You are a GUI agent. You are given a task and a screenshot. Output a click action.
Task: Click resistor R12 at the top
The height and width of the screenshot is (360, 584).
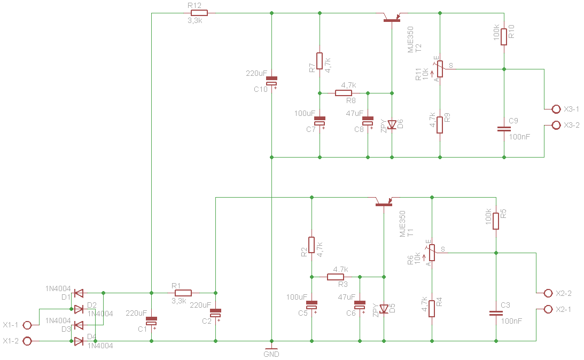click(x=199, y=13)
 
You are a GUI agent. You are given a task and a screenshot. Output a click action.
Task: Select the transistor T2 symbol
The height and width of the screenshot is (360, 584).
click(x=392, y=17)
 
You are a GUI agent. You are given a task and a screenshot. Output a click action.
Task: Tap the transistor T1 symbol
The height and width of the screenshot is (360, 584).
click(x=384, y=201)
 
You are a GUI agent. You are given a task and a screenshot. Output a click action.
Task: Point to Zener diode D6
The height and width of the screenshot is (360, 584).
click(x=392, y=124)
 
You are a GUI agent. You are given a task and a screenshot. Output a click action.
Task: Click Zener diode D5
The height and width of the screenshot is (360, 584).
click(x=384, y=309)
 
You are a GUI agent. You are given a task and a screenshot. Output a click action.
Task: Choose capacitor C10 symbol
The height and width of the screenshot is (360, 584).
click(x=272, y=81)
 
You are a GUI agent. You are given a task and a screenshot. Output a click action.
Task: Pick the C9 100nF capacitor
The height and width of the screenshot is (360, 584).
click(x=504, y=129)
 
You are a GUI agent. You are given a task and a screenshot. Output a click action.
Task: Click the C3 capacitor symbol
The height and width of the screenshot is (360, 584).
click(x=496, y=313)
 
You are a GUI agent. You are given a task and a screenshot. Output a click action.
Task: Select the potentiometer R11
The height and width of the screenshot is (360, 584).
click(x=440, y=69)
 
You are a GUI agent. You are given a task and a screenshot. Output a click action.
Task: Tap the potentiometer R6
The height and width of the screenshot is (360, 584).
click(x=432, y=253)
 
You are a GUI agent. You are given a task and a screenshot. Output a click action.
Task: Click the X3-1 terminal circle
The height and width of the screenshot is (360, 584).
click(x=556, y=109)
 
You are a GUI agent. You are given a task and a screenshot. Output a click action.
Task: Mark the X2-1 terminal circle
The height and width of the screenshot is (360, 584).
click(x=548, y=309)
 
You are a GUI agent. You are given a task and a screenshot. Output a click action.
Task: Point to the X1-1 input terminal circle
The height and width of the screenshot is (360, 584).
click(x=27, y=325)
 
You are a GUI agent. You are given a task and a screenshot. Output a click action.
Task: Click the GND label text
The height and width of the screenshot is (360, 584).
click(x=271, y=355)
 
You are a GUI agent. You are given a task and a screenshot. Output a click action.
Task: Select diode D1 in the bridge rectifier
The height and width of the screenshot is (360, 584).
click(x=79, y=293)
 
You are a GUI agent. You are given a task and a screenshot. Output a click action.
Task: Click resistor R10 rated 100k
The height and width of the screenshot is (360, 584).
click(x=504, y=36)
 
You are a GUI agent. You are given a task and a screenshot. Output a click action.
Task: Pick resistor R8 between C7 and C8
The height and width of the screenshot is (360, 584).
click(x=344, y=93)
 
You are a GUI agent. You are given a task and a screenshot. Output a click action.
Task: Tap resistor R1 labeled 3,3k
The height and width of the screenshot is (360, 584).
click(x=183, y=293)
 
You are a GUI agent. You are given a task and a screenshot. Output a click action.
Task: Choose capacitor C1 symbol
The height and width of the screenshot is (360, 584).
click(x=152, y=321)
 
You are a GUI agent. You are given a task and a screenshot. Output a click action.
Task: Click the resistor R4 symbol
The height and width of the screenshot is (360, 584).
click(x=432, y=309)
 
